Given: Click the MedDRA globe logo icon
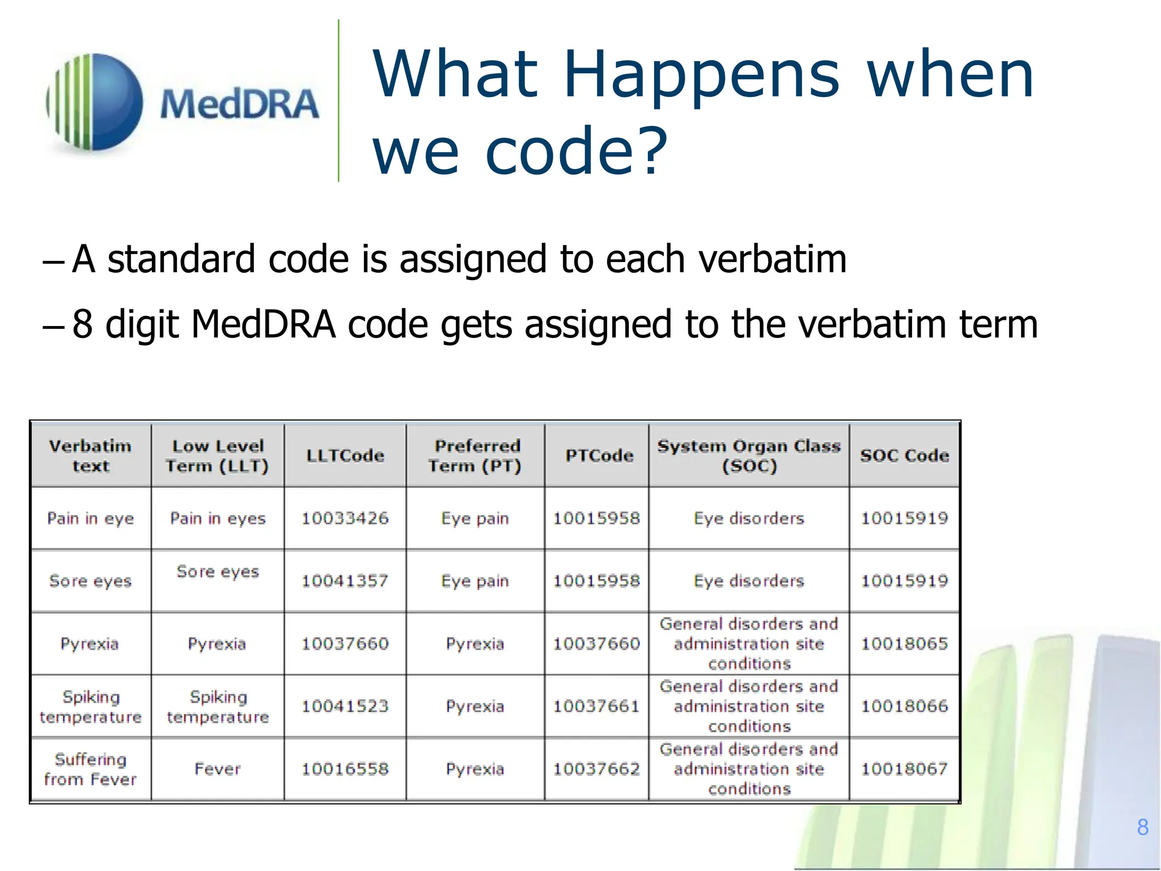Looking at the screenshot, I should [x=95, y=102].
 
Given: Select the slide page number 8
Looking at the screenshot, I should [x=1142, y=827].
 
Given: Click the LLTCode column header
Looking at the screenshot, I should [x=345, y=455].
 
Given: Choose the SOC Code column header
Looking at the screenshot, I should [x=904, y=455].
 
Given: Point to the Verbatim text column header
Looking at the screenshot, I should [x=91, y=456].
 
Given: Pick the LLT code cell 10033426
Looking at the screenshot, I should [x=345, y=518].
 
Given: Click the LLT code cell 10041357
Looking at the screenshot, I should [x=345, y=581].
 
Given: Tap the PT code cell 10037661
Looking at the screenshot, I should [x=596, y=706].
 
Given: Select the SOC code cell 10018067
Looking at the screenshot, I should [x=904, y=769].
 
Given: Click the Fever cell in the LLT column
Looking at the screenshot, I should [x=218, y=769].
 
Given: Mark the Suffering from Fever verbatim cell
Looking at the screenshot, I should [x=91, y=769].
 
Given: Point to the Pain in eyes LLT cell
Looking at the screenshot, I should [x=218, y=518].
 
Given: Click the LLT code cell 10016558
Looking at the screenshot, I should [x=345, y=769].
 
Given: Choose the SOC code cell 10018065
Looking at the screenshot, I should [x=904, y=644].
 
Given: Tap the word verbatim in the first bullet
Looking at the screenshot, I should [x=772, y=259].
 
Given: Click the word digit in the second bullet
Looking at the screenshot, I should [x=142, y=324].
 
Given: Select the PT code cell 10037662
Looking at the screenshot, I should [x=596, y=769].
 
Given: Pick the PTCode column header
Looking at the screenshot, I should [x=599, y=455].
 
